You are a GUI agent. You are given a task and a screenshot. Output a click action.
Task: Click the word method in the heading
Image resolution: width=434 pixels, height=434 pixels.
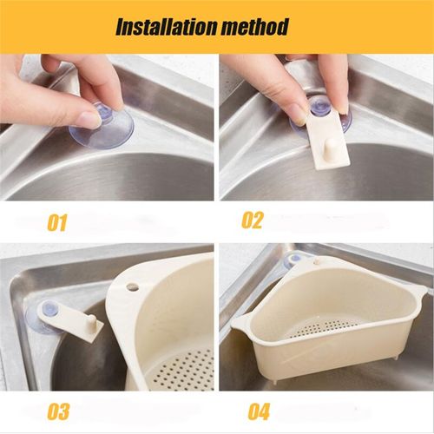(x=255, y=27)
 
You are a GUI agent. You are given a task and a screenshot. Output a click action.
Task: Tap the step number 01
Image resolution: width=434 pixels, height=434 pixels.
(x=57, y=222)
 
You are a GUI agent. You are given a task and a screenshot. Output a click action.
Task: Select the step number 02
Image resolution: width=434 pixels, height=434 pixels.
(x=253, y=220)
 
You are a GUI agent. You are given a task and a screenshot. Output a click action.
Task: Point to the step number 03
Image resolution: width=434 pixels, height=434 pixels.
(x=58, y=411)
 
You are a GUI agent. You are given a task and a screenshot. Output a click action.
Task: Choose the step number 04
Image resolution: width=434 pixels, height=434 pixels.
(x=259, y=411)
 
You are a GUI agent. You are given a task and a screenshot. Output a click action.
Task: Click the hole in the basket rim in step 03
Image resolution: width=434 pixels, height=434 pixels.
(x=133, y=286)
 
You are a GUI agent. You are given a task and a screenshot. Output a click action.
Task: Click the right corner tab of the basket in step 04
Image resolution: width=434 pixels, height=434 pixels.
(x=419, y=288)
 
